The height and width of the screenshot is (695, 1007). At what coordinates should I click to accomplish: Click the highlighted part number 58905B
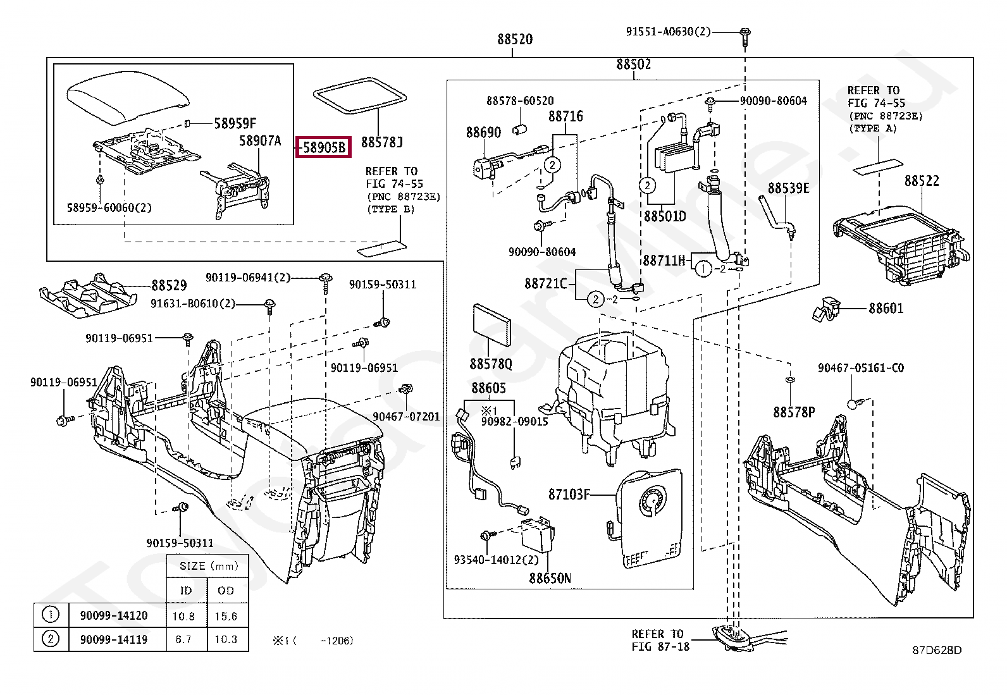click(x=324, y=147)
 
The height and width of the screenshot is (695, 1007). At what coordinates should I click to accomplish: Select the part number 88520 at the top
click(x=515, y=40)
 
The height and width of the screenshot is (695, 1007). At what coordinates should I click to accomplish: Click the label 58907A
click(x=260, y=141)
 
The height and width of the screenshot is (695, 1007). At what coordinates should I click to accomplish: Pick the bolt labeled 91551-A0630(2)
click(x=745, y=37)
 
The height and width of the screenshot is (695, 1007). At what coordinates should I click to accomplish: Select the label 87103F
click(x=569, y=495)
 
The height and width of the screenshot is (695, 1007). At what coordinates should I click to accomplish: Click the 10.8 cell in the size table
click(x=183, y=617)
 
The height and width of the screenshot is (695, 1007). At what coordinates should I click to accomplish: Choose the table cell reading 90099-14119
click(x=114, y=640)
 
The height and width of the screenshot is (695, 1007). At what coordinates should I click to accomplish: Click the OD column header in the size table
click(x=226, y=591)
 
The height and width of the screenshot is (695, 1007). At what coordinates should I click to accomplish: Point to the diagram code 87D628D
click(x=937, y=650)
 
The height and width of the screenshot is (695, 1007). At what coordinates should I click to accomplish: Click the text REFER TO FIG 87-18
click(x=660, y=640)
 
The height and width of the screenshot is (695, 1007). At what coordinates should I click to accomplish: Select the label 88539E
click(x=789, y=188)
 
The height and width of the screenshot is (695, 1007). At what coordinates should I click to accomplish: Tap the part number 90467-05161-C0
click(x=861, y=367)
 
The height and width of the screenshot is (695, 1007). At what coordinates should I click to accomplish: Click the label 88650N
click(x=550, y=579)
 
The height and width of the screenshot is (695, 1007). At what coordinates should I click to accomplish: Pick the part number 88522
click(x=922, y=181)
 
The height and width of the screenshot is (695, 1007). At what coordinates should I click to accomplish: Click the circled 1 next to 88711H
click(x=703, y=269)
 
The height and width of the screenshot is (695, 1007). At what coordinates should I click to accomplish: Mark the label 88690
click(x=483, y=133)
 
